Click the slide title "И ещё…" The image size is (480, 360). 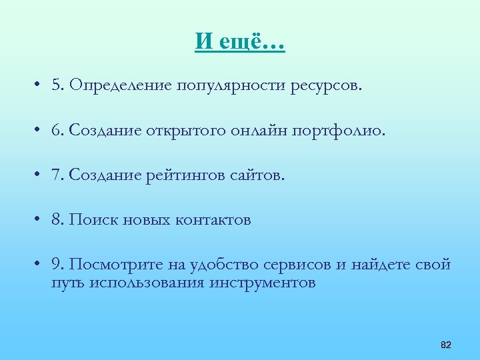click(240, 43)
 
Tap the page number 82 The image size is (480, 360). click(446, 345)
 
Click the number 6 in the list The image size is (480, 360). click(55, 131)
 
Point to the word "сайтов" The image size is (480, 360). click(259, 175)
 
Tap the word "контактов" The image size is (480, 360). click(213, 220)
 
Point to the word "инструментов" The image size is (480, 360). click(263, 283)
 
